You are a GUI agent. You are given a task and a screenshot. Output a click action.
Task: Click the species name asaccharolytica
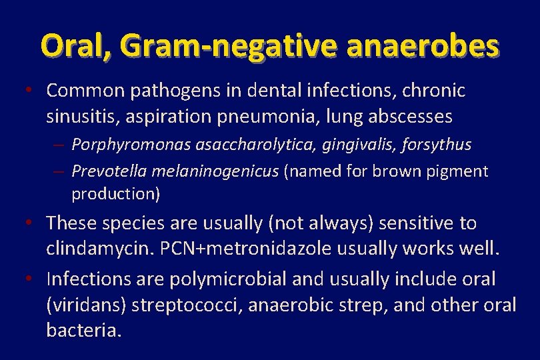(233, 145)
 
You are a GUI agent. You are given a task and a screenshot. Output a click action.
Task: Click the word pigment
(460, 171)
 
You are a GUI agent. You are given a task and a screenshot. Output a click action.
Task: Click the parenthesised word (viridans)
(86, 305)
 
